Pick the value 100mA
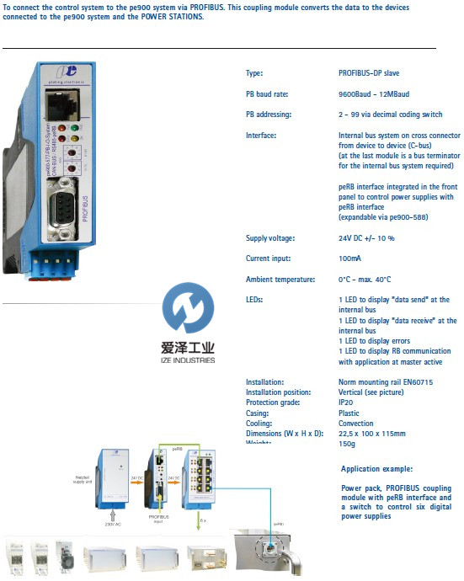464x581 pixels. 352,259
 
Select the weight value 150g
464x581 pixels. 347,443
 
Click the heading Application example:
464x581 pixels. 377,469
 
